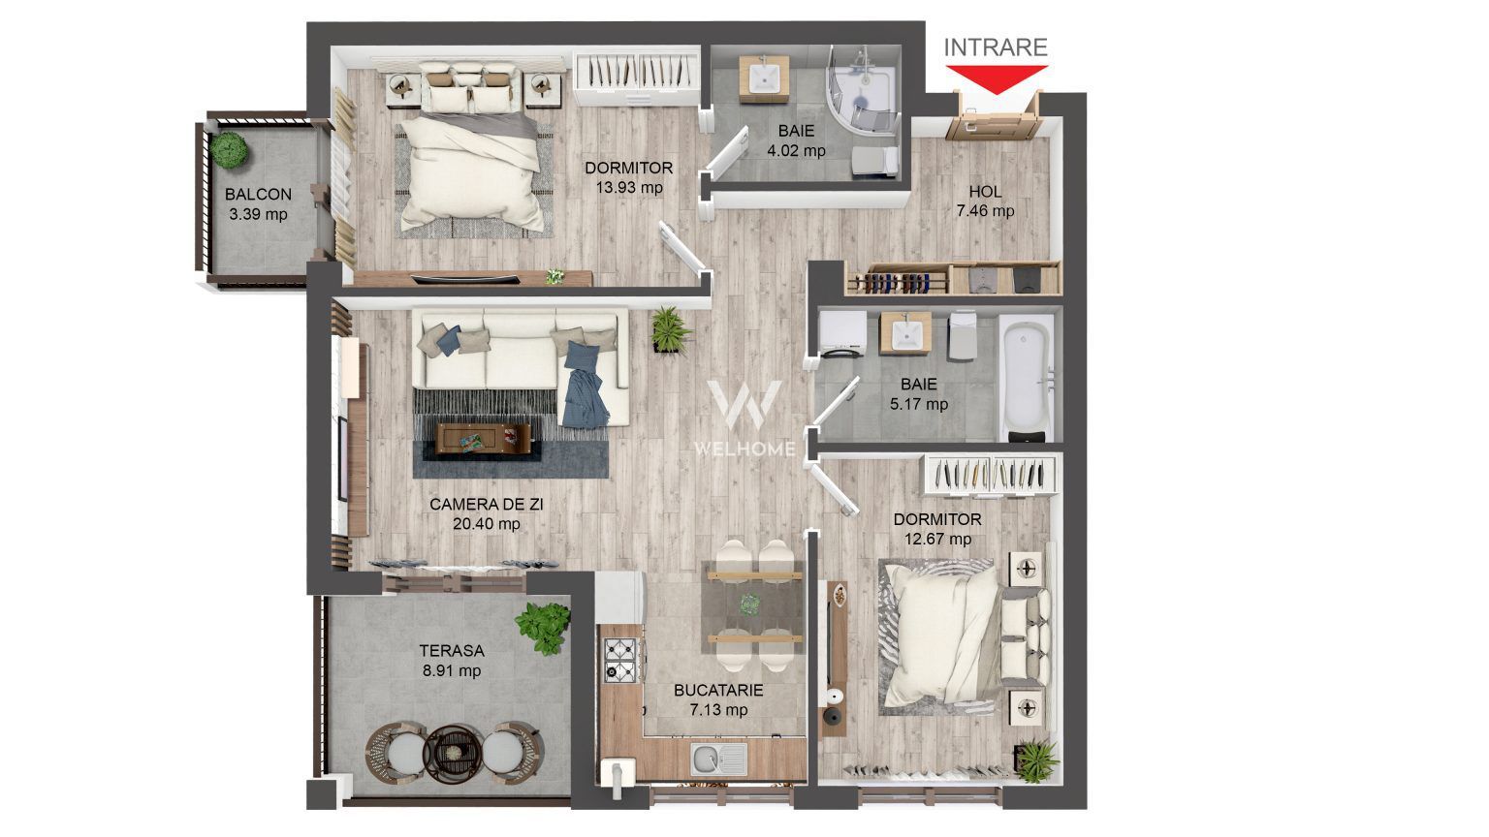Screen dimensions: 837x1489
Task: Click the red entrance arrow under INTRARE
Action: [996, 78]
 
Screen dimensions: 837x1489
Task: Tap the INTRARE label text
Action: [996, 47]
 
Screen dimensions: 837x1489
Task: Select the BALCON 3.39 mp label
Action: [258, 203]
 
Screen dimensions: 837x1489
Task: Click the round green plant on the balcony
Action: [230, 148]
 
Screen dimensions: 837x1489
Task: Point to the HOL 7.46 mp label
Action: [985, 201]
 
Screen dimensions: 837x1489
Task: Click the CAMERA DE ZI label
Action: [487, 504]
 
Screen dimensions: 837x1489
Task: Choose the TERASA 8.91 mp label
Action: [452, 660]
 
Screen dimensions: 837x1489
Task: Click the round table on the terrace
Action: [452, 749]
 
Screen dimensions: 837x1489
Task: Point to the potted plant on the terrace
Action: [543, 627]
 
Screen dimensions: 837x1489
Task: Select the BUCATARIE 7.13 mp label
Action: [718, 699]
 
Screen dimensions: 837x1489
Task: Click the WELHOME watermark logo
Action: [744, 417]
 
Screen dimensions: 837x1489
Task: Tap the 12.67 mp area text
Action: [937, 539]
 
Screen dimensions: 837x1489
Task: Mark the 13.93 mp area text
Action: [629, 187]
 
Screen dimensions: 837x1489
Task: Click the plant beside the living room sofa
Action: [670, 329]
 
